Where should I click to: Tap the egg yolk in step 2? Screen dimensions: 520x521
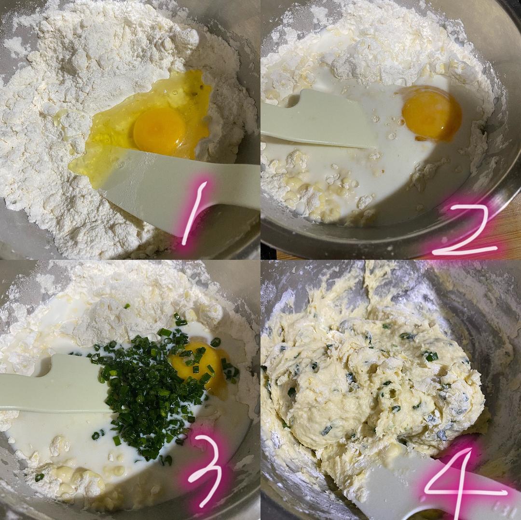431,113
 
